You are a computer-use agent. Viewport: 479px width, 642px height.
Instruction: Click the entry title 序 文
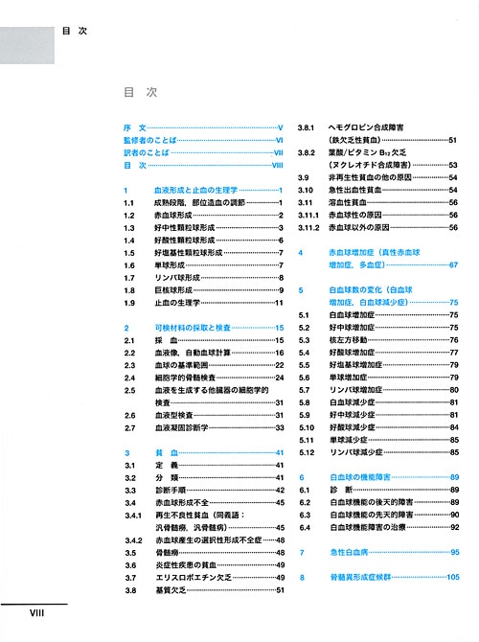tap(133, 127)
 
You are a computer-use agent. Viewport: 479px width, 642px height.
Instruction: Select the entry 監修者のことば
tap(150, 140)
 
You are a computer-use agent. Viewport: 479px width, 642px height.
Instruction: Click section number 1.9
tap(129, 303)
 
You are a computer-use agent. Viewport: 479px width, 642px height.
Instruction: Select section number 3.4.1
tap(132, 515)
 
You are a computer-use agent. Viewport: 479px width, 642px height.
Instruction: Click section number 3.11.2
tap(308, 228)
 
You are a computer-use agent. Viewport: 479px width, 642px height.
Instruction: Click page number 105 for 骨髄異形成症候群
tap(453, 578)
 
